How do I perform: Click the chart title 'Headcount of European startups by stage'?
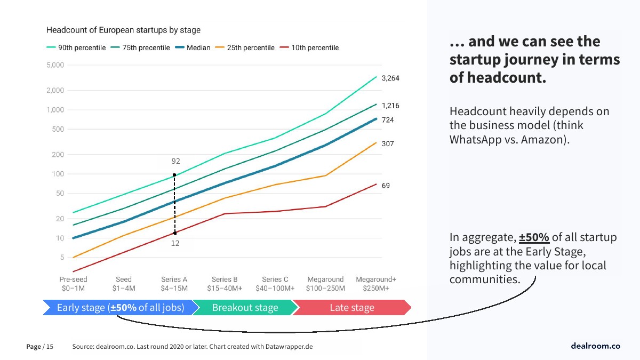pyautogui.click(x=123, y=30)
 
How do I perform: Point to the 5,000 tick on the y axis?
pyautogui.click(x=55, y=66)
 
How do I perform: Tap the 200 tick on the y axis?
pyautogui.click(x=57, y=155)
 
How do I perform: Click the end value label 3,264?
pyautogui.click(x=390, y=78)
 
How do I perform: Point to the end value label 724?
pyautogui.click(x=388, y=120)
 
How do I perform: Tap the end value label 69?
pyautogui.click(x=386, y=186)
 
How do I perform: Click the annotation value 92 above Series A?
pyautogui.click(x=175, y=161)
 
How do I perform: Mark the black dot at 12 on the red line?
pyautogui.click(x=175, y=233)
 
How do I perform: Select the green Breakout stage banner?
pyautogui.click(x=245, y=308)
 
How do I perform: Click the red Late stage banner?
pyautogui.click(x=352, y=308)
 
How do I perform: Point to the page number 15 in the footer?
pyautogui.click(x=50, y=347)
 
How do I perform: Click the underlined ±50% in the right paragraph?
pyautogui.click(x=534, y=237)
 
